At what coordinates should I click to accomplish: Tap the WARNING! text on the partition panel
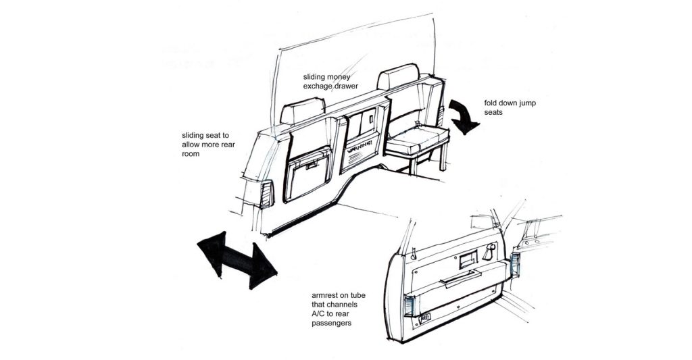tap(362, 147)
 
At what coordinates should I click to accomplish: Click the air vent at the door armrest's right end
tap(518, 265)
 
